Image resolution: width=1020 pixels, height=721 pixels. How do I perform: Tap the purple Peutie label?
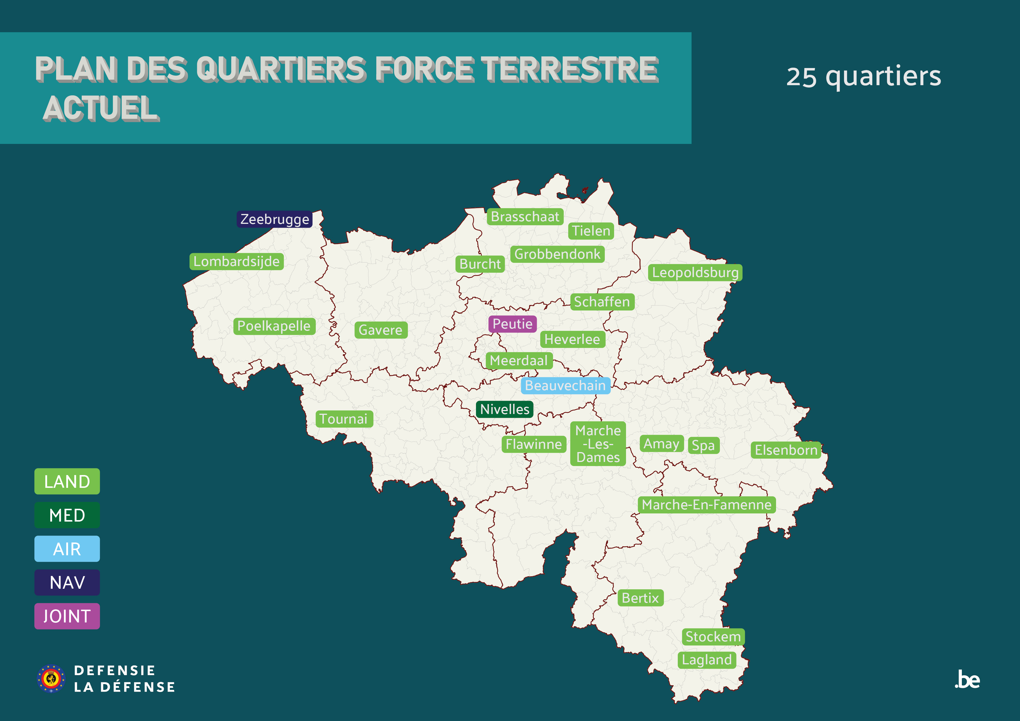(512, 324)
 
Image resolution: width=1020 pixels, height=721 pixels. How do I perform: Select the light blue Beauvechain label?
(565, 385)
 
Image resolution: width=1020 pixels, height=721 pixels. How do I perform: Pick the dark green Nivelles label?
(505, 409)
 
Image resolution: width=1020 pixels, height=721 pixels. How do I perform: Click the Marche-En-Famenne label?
(706, 505)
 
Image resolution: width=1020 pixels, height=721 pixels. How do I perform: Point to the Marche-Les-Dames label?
(598, 444)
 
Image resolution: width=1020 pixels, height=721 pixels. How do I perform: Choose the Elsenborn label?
(785, 450)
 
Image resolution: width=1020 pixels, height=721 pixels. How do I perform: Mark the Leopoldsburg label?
(695, 272)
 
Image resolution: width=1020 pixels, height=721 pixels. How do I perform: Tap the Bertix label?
(640, 598)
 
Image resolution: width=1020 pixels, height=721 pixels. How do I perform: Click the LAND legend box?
(67, 481)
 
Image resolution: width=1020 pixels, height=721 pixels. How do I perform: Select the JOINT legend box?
(67, 616)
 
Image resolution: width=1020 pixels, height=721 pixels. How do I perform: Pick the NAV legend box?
(67, 582)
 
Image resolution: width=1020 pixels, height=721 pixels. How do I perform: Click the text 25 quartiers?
(863, 76)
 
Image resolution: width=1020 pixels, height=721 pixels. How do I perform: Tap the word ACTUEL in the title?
(101, 108)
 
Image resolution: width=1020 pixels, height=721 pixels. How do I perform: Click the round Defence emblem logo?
(51, 678)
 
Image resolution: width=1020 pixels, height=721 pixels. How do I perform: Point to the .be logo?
(967, 680)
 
